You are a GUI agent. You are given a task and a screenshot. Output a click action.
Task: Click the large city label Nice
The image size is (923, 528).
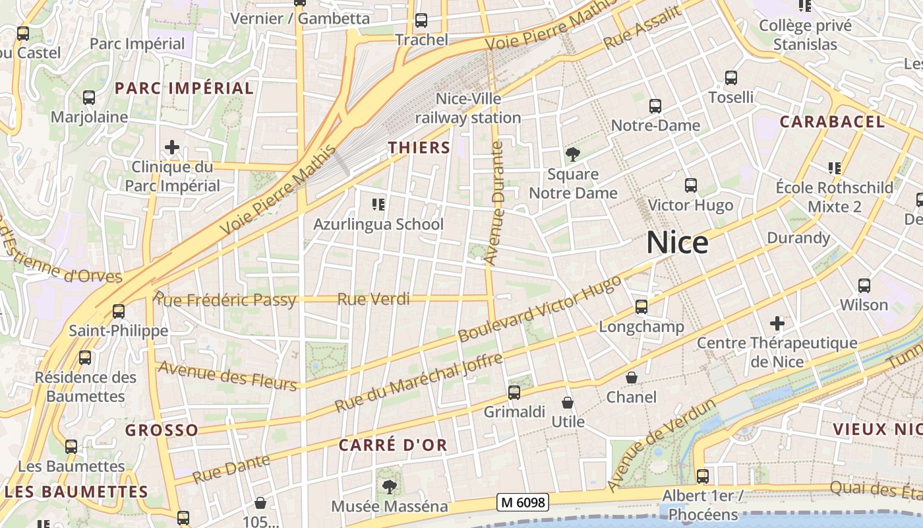tap(677, 243)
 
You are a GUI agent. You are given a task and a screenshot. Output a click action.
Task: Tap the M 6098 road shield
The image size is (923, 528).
tap(523, 503)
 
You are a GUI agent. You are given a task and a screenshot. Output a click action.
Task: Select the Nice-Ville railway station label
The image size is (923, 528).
tap(468, 108)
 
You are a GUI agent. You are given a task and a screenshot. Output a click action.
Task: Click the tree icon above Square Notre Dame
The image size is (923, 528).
tap(573, 155)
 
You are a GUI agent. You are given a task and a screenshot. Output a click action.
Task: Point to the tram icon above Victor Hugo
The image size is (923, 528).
tap(690, 185)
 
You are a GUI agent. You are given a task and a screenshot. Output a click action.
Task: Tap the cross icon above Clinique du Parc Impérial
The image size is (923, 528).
tap(172, 147)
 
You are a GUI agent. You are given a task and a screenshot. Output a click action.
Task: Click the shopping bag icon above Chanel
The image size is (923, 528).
tap(632, 378)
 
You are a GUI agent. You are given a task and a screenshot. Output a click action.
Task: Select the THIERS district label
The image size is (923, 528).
tap(419, 148)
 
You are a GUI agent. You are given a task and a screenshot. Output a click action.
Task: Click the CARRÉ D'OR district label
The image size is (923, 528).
tap(393, 445)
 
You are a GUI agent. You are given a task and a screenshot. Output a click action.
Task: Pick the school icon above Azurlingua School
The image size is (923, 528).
tap(378, 205)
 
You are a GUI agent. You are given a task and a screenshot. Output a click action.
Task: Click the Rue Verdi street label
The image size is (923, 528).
tap(373, 299)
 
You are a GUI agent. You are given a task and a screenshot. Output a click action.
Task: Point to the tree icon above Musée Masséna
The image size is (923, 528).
tap(389, 487)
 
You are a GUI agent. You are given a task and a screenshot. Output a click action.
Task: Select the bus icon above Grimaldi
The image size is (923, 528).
tap(514, 393)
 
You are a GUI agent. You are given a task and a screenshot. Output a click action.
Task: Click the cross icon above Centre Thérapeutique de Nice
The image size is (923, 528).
tap(777, 323)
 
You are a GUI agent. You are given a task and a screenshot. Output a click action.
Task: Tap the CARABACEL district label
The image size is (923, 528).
tap(832, 121)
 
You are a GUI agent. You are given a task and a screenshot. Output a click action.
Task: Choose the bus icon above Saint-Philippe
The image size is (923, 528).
tap(119, 311)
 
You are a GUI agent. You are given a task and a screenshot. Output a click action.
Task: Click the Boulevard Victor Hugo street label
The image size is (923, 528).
tap(539, 309)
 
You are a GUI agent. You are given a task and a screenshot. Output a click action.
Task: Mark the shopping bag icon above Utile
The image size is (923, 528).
tap(568, 402)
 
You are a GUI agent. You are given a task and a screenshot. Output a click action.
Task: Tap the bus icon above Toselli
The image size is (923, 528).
tap(730, 78)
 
